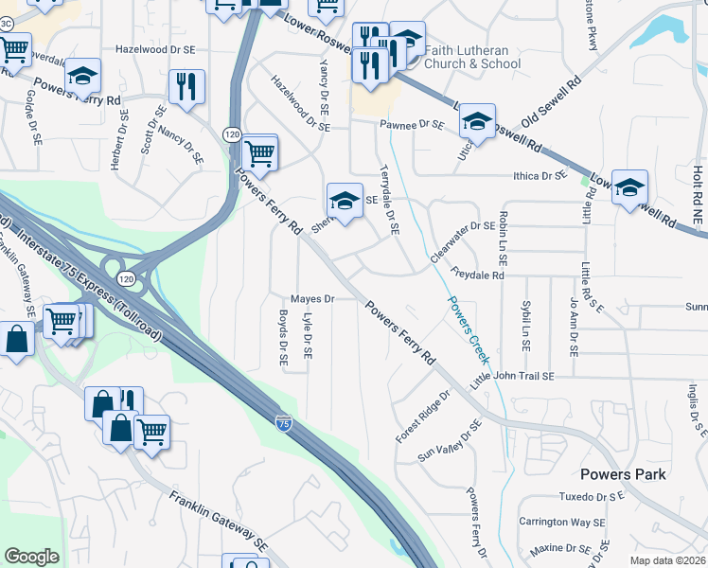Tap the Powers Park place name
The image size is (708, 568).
(624, 474)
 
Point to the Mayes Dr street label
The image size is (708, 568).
(313, 299)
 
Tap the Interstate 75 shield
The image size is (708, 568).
(283, 424)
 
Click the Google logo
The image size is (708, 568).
(31, 557)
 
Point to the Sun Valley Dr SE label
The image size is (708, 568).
(451, 442)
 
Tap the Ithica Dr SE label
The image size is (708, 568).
(540, 176)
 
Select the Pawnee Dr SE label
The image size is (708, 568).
(413, 124)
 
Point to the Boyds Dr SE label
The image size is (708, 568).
(282, 339)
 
